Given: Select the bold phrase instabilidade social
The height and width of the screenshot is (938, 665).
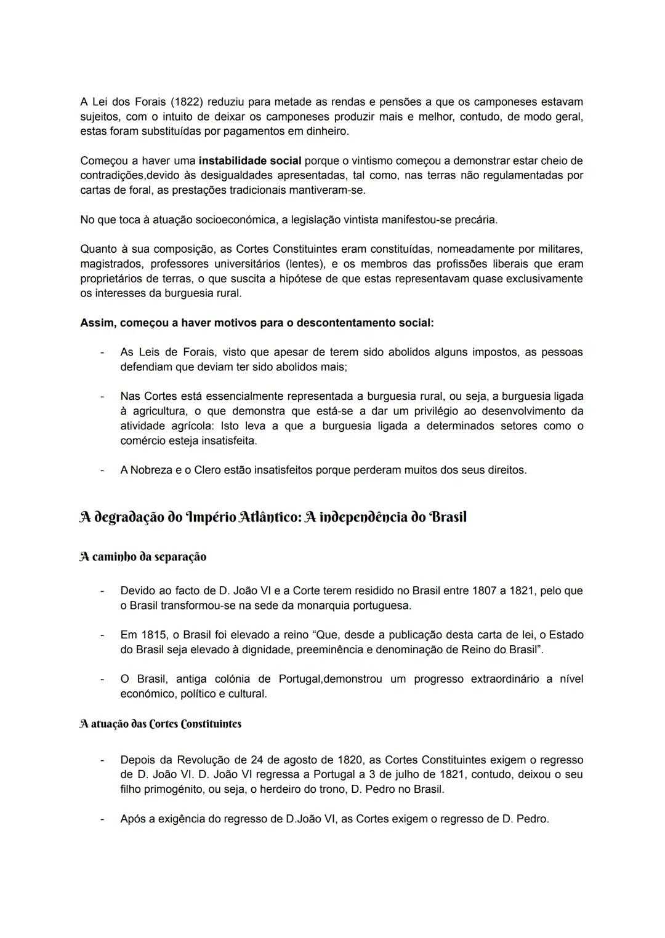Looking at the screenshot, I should [250, 161].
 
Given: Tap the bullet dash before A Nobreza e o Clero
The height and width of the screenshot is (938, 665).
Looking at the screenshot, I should [102, 470].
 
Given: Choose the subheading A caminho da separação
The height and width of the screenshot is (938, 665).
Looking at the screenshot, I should [143, 557].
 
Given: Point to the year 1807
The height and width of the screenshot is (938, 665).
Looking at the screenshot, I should [484, 590].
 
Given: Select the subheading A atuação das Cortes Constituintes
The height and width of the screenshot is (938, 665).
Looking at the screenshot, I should [161, 724].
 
